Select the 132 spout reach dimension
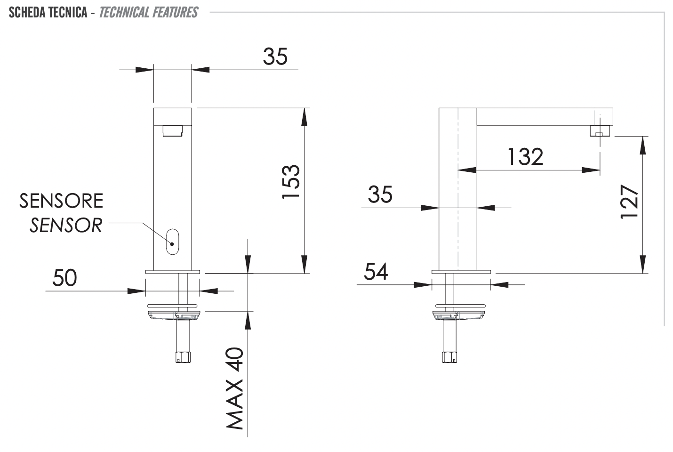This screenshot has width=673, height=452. click(525, 156)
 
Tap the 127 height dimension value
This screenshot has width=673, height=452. click(630, 202)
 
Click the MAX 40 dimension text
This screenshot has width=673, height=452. click(235, 388)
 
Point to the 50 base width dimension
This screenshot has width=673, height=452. click(64, 278)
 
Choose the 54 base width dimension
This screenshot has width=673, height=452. click(376, 272)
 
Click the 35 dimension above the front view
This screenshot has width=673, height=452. click(275, 57)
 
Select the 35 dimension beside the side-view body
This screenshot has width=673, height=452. click(380, 194)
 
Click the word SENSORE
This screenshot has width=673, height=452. click(61, 201)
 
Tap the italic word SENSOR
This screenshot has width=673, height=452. click(66, 226)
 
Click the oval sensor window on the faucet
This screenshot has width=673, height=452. click(172, 242)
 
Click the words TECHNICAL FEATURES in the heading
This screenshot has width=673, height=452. click(149, 12)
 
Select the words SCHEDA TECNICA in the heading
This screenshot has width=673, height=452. click(48, 12)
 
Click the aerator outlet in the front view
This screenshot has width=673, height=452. click(173, 130)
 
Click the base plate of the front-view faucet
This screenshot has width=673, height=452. click(173, 272)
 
